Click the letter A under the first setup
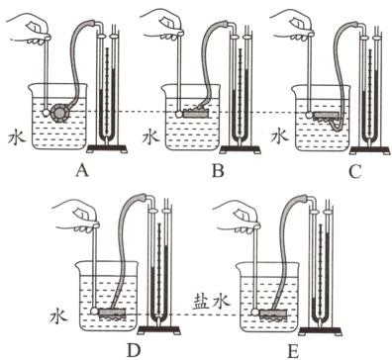(x=82, y=170)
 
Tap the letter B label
(x=218, y=171)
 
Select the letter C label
(x=355, y=171)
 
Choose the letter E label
(x=293, y=351)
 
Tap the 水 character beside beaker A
(x=17, y=136)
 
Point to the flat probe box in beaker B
(x=196, y=114)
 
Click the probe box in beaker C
(x=327, y=115)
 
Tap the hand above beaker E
(x=237, y=217)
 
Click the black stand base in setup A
(x=107, y=148)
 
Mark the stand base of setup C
(x=370, y=150)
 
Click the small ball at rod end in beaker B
(x=179, y=114)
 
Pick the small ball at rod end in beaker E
(x=255, y=312)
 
